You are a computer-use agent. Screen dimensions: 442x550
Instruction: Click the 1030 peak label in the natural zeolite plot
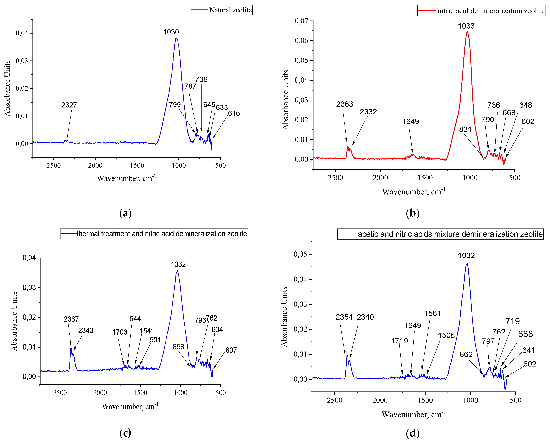click(x=171, y=32)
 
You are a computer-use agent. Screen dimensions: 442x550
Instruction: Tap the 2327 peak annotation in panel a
click(x=69, y=105)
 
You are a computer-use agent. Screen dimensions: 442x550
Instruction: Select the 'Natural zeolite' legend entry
click(x=221, y=10)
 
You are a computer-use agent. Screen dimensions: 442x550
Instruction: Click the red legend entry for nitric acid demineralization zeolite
click(x=481, y=11)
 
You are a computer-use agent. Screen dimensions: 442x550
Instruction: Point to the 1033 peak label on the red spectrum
click(x=466, y=26)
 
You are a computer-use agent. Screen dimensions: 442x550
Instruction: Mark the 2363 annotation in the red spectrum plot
click(x=344, y=104)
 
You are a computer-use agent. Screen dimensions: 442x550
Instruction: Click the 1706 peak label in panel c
click(x=120, y=332)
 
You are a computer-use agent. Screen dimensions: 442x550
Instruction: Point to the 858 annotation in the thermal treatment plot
click(x=178, y=347)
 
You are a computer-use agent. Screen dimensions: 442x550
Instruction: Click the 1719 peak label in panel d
click(x=400, y=341)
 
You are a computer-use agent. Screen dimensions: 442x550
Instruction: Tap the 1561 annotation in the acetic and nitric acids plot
click(x=432, y=313)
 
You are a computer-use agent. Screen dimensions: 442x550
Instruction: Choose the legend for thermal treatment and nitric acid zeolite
click(x=154, y=234)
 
